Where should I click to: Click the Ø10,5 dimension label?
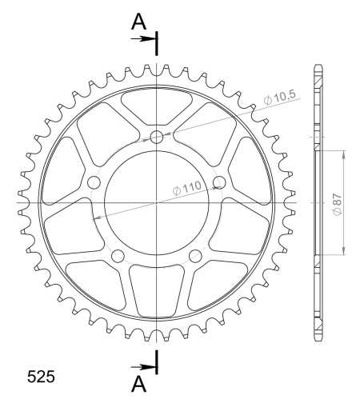pyautogui.click(x=280, y=98)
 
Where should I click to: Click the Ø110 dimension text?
pyautogui.click(x=186, y=188)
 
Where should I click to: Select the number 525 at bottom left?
pyautogui.click(x=41, y=377)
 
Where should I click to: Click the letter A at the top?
pyautogui.click(x=138, y=22)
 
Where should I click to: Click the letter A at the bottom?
pyautogui.click(x=138, y=385)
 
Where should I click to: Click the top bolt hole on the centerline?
pyautogui.click(x=157, y=138)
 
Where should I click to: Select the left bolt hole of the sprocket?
pyautogui.click(x=94, y=182)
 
